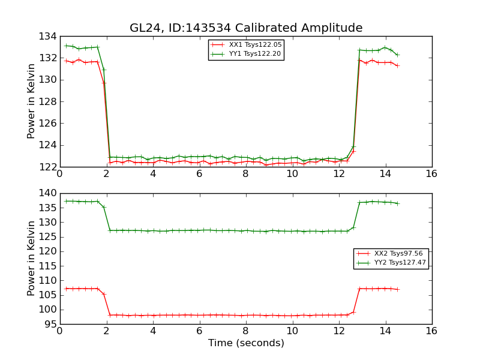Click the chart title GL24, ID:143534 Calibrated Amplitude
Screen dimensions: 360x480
click(x=246, y=28)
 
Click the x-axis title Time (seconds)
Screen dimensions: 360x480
click(x=246, y=343)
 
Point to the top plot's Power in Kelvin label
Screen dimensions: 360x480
click(x=31, y=101)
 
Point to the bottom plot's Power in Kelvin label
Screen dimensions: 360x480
click(x=31, y=258)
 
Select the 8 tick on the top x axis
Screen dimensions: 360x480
click(x=246, y=174)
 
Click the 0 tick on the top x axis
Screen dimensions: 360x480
click(x=60, y=174)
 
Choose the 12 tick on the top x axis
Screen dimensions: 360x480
click(x=339, y=174)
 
